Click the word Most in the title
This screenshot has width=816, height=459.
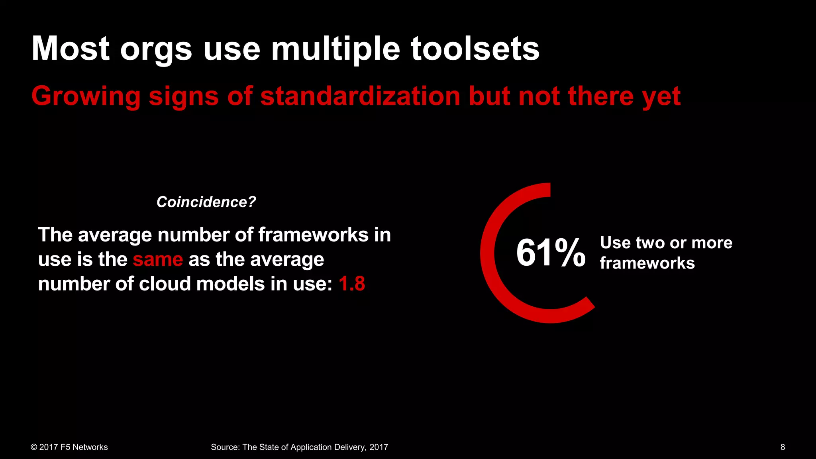point(71,49)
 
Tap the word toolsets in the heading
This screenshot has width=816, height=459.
point(475,49)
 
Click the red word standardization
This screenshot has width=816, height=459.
point(360,96)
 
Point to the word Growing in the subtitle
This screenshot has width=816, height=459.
point(86,97)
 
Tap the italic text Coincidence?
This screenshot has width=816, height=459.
point(206,202)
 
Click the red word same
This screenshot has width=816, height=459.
point(158,260)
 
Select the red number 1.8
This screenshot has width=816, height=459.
point(352,284)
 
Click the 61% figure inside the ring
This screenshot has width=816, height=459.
point(551,253)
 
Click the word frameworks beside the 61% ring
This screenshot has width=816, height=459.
point(647,263)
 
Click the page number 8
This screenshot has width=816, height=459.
point(783,447)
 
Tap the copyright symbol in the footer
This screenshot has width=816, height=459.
point(34,447)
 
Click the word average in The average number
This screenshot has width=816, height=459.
point(115,235)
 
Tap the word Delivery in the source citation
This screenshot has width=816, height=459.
point(350,447)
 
